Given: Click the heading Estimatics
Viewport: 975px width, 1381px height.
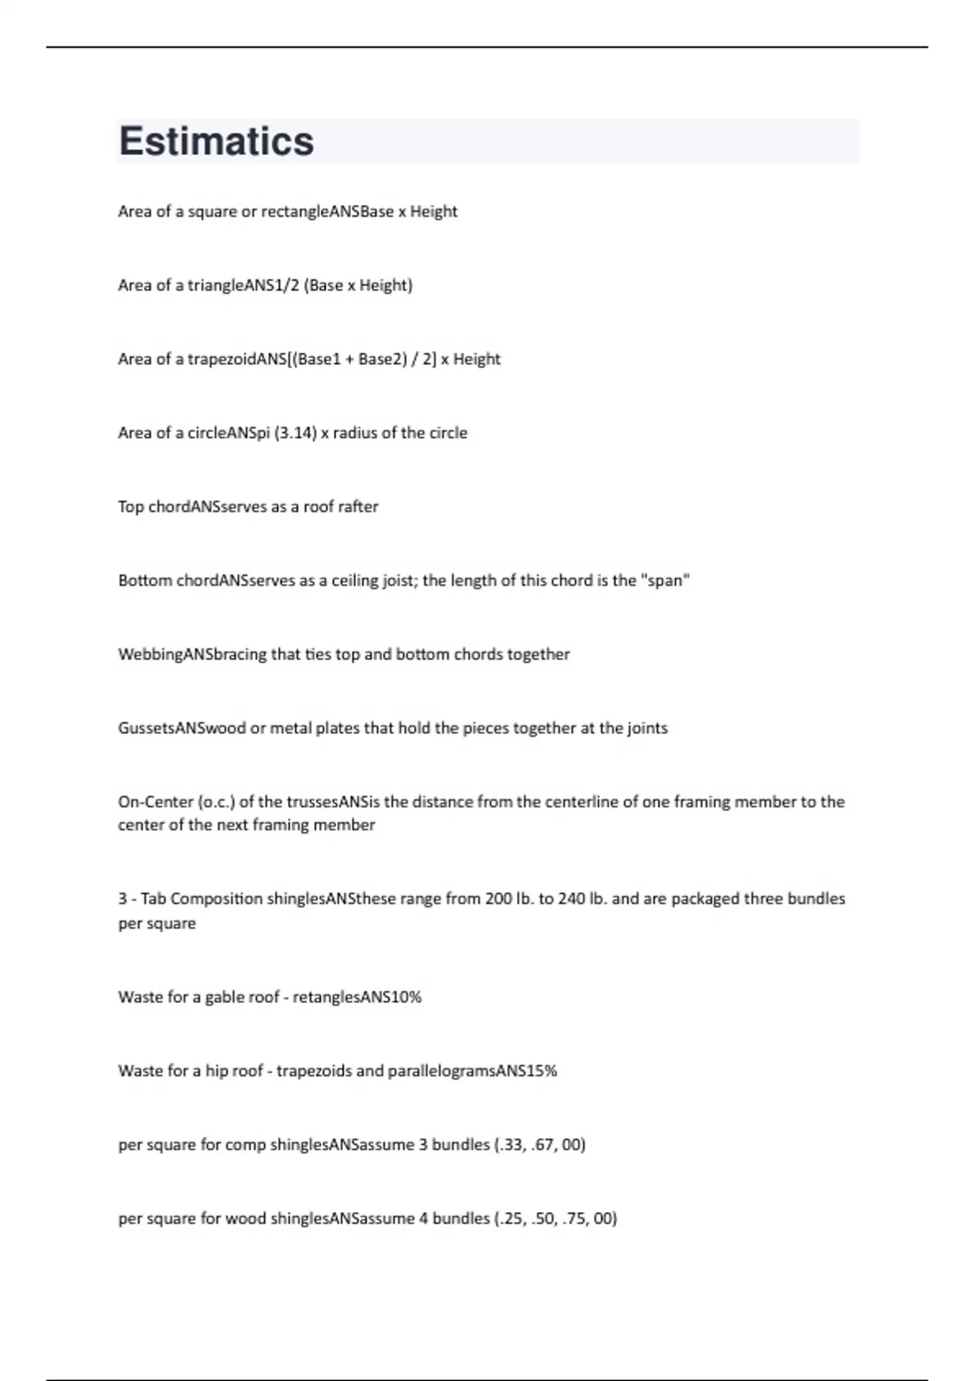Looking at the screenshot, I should (216, 141).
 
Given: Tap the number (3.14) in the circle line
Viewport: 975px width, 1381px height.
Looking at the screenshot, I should (296, 433).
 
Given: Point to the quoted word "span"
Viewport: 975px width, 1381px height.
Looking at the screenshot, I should (665, 581).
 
